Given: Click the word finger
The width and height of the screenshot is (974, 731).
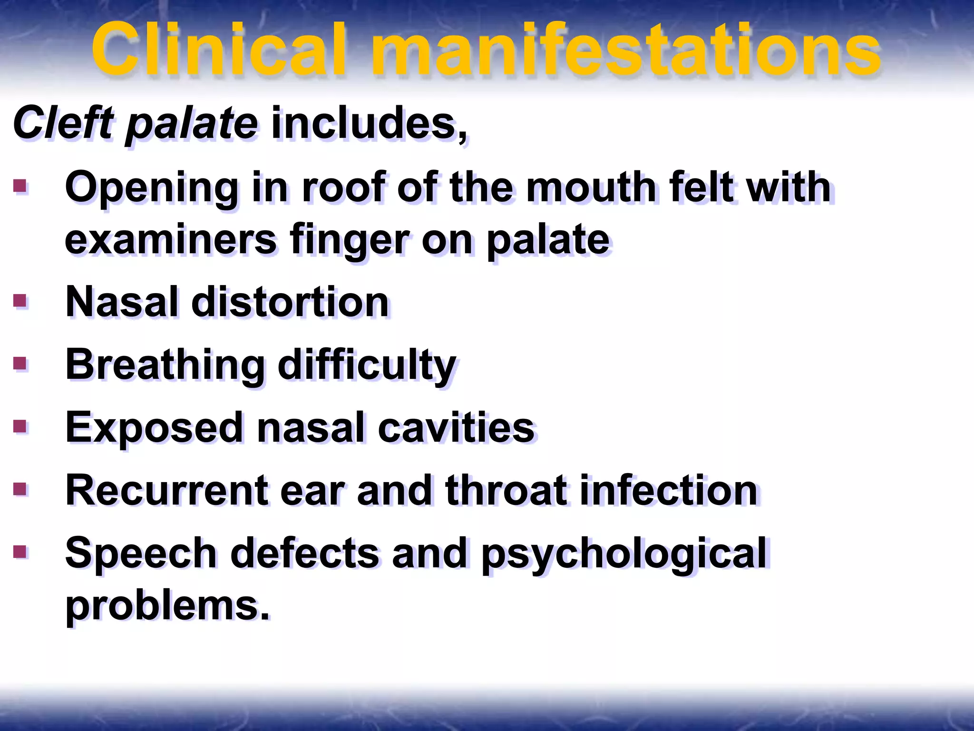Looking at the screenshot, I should pyautogui.click(x=349, y=241).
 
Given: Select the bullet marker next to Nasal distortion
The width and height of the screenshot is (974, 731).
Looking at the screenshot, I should pyautogui.click(x=20, y=301).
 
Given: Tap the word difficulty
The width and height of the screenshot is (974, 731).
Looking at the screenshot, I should pyautogui.click(x=367, y=365).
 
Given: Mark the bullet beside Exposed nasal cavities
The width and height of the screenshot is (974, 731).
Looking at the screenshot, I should pyautogui.click(x=20, y=426).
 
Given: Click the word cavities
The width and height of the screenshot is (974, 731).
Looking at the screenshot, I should pyautogui.click(x=456, y=427).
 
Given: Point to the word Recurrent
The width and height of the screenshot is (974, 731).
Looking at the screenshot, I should pyautogui.click(x=166, y=490).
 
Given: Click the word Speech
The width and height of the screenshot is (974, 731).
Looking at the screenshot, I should pyautogui.click(x=141, y=553).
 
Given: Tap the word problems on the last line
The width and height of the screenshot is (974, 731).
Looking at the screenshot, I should pyautogui.click(x=167, y=605).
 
